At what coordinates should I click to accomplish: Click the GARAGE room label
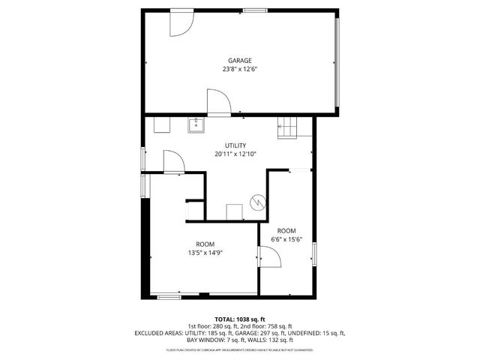240,60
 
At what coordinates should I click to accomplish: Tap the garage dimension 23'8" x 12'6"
240,69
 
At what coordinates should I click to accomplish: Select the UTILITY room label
235,145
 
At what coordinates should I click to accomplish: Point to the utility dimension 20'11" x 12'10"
235,154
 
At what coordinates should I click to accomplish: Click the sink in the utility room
196,124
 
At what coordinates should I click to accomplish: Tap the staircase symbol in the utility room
288,128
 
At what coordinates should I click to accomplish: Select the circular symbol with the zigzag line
257,202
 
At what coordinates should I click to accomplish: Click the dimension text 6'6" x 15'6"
286,239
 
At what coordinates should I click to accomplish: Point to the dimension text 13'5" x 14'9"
205,253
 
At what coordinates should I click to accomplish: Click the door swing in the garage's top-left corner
180,23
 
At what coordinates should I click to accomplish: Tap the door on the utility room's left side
172,160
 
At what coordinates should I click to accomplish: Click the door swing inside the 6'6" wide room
270,257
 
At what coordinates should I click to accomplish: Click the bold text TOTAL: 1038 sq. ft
240,319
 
